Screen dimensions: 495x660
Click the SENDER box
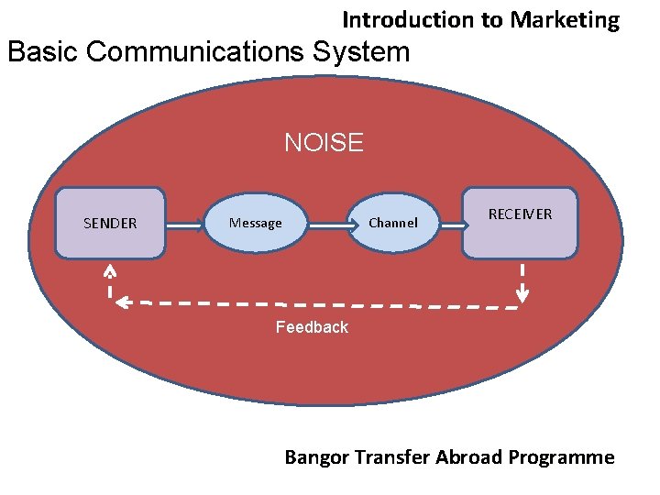tap(110, 223)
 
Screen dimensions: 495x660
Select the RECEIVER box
tap(521, 223)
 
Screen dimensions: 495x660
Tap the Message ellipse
tap(256, 223)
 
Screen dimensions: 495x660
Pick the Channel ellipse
tap(393, 223)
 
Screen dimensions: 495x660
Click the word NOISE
tap(324, 143)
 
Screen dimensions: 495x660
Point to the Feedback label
tap(312, 327)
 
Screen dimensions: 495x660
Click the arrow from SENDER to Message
tap(184, 223)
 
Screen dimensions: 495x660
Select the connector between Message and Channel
tap(329, 223)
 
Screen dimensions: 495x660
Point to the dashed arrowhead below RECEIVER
tap(522, 293)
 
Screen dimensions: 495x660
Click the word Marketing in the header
tap(566, 19)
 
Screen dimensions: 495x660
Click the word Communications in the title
tap(197, 51)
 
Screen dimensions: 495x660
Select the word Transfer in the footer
tap(391, 456)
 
